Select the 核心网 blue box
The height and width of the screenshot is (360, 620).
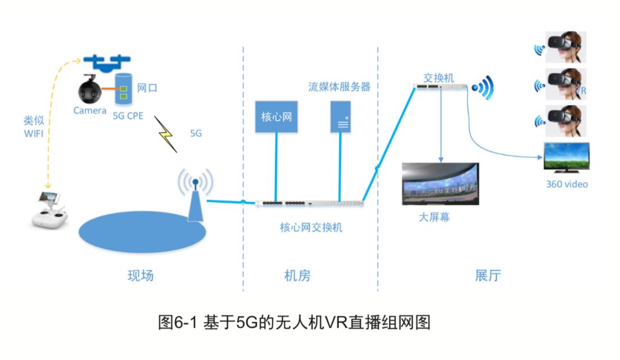(x=276, y=117)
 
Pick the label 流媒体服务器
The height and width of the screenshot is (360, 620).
(x=339, y=87)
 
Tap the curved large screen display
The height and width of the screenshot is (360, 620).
(x=440, y=184)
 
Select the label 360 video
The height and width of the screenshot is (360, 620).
(x=567, y=184)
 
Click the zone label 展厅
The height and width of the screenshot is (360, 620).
(x=488, y=276)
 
